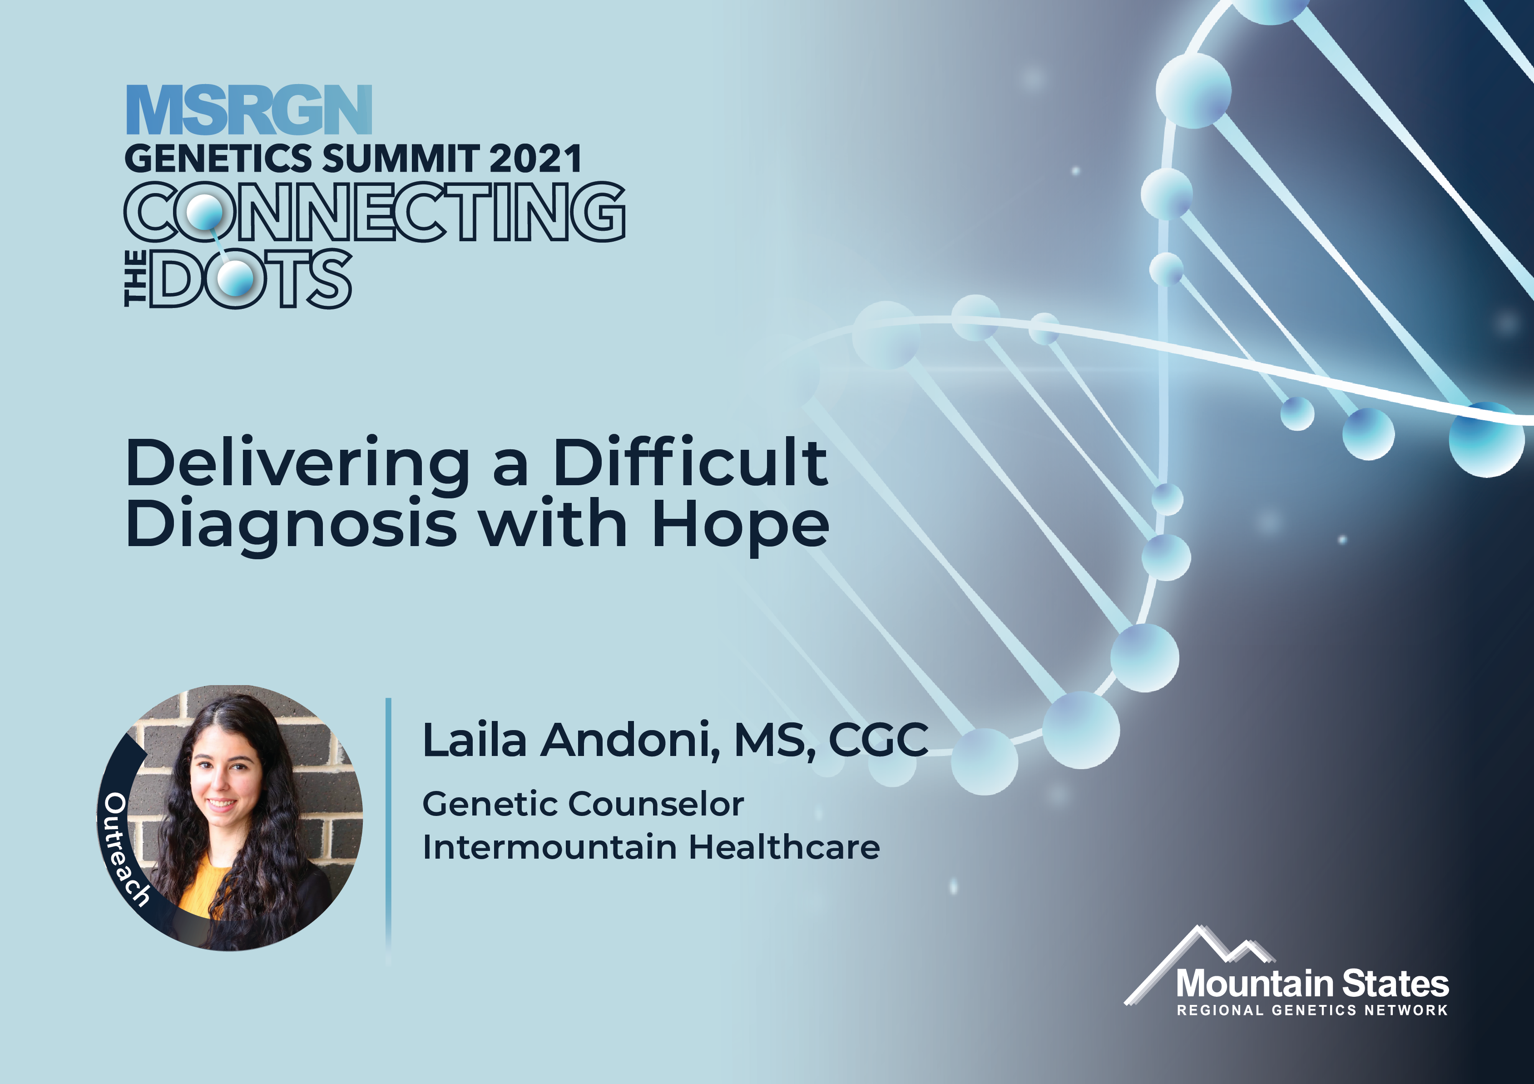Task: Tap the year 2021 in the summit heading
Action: (x=535, y=159)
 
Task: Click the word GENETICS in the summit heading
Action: (x=218, y=159)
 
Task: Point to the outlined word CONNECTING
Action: (x=375, y=211)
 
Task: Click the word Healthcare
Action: (x=784, y=847)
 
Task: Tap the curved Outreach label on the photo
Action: (x=122, y=849)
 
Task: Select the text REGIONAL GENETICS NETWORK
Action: (x=1312, y=1010)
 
